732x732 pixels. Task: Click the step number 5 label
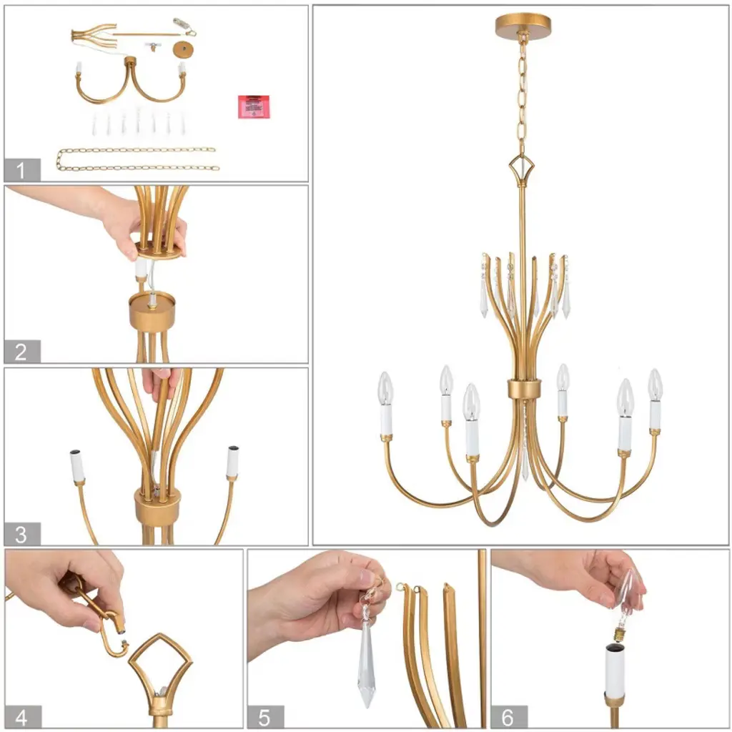click(x=265, y=717)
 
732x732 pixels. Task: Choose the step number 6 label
click(x=509, y=717)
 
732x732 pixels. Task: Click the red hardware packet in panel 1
click(x=254, y=107)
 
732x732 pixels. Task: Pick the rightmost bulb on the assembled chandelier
click(x=655, y=385)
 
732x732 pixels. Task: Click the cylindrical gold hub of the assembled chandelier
click(x=525, y=390)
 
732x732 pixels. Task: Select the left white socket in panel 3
click(x=77, y=465)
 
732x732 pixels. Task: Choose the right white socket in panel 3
click(x=232, y=463)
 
